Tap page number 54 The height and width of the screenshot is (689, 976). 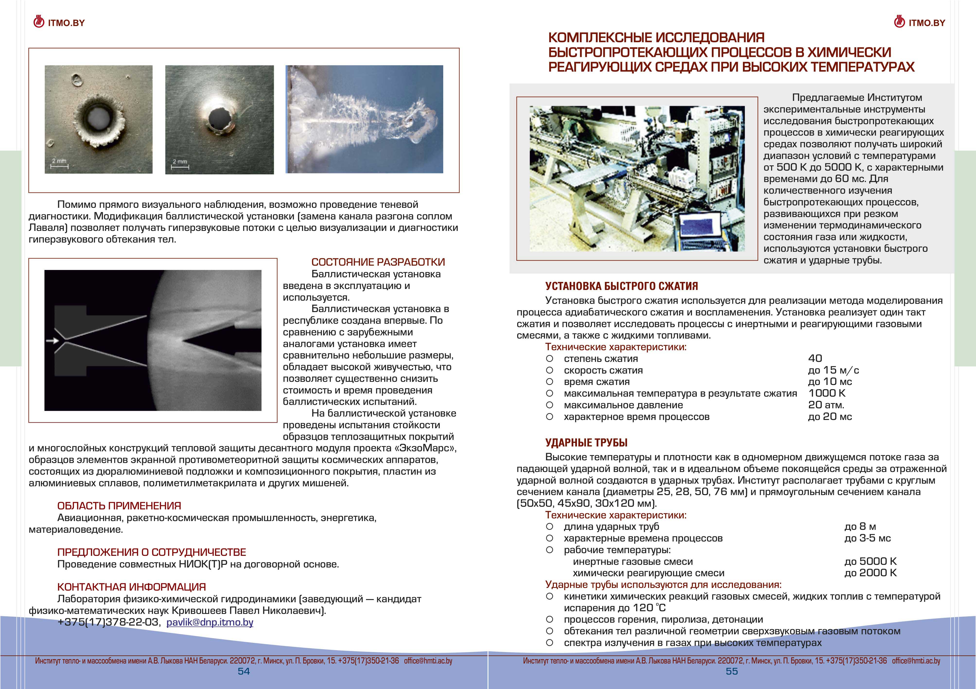[x=244, y=671]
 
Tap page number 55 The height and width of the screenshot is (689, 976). [x=732, y=671]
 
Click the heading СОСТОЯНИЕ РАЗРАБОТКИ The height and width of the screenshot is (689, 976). [x=378, y=262]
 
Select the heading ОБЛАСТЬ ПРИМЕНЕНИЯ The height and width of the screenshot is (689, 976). [x=119, y=506]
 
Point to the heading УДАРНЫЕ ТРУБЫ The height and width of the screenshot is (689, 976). [x=586, y=443]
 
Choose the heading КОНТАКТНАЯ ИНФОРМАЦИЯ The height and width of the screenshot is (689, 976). [x=131, y=587]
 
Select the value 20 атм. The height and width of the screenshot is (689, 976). [x=826, y=405]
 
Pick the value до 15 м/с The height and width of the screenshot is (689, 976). [x=833, y=370]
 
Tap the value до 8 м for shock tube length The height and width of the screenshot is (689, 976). [x=860, y=527]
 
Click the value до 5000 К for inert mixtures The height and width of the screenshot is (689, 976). [x=870, y=561]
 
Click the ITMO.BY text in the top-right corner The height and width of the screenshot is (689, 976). [x=927, y=23]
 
